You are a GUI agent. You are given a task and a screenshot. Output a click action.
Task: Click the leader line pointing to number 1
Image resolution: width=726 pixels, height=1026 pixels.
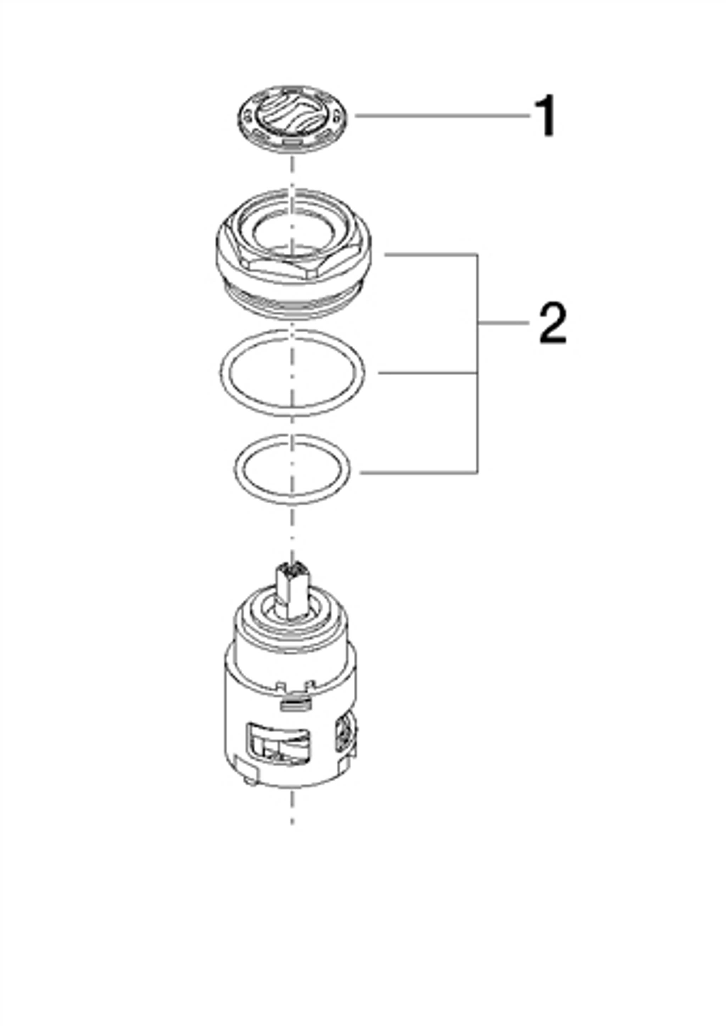point(442,115)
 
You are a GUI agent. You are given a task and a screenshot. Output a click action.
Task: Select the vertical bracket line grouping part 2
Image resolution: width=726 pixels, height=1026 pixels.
point(478,363)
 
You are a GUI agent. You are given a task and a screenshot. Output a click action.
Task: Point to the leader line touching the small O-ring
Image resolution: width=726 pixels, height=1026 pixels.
point(418,472)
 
